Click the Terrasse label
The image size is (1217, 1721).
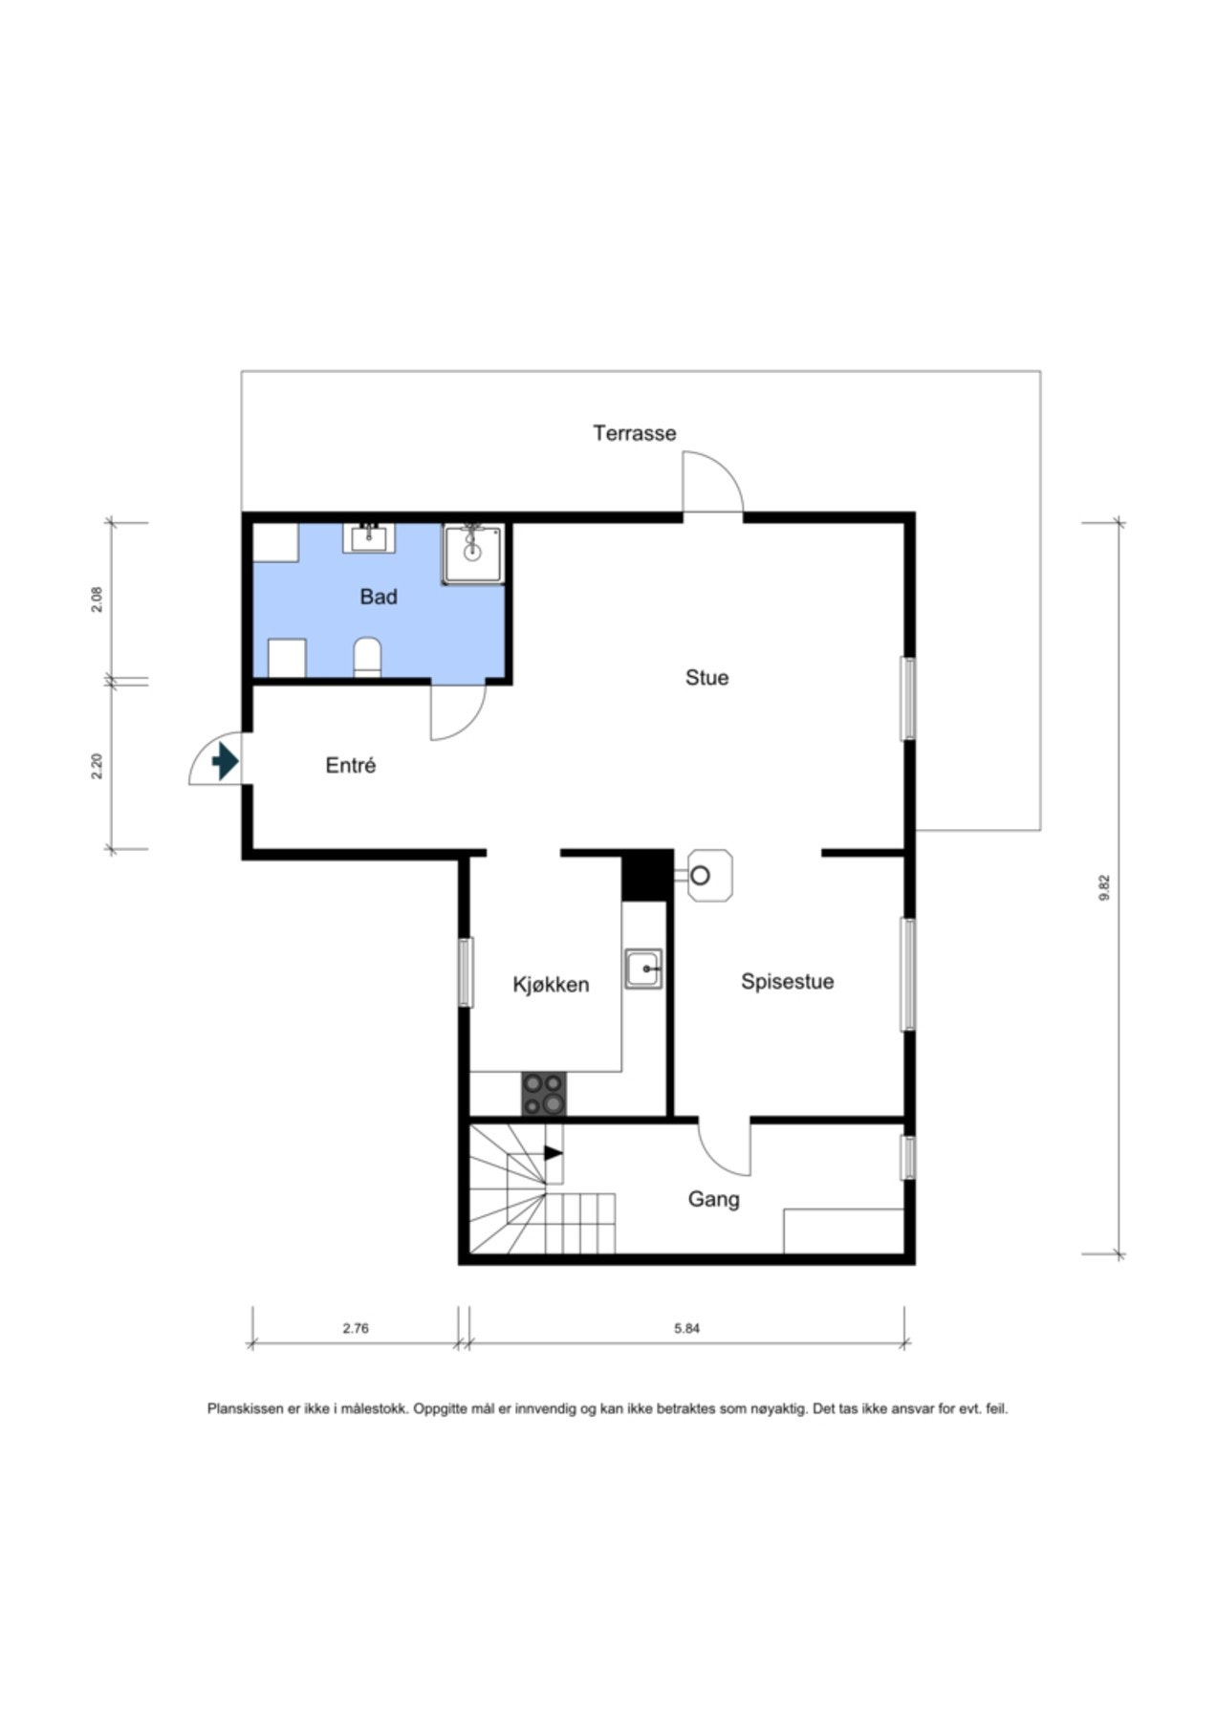pos(634,433)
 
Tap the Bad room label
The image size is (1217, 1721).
pos(379,597)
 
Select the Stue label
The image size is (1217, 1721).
pos(706,678)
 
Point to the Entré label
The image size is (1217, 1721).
pos(351,765)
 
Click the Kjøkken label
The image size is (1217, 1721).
pos(551,985)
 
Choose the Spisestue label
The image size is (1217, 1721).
pos(788,982)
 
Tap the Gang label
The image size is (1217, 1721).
pos(714,1199)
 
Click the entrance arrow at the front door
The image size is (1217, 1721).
pos(225,761)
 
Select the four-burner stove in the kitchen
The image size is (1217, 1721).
pos(543,1094)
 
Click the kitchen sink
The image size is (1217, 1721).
pos(643,969)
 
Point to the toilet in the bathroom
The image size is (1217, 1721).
pos(367,658)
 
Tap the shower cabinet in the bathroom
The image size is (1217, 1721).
pos(472,554)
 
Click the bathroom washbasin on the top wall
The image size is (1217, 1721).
pos(369,537)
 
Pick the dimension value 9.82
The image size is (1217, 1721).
pos(1105,888)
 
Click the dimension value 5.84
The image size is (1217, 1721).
pos(687,1328)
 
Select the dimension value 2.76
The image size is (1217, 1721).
pos(356,1328)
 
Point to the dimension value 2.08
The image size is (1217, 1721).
pos(96,599)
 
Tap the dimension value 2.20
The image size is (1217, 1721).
pos(96,767)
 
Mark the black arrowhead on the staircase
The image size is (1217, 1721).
pos(553,1153)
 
